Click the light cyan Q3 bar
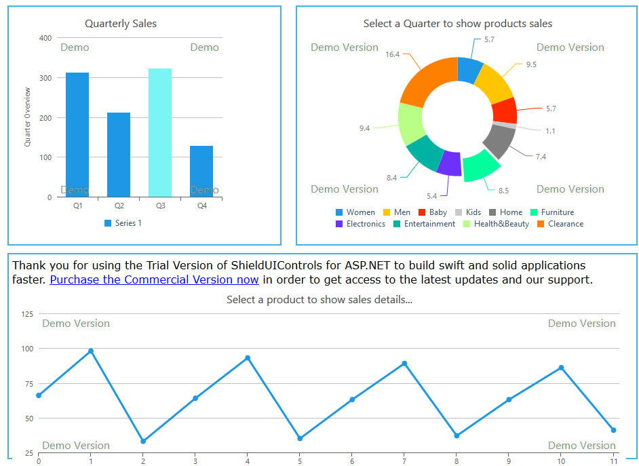click(x=160, y=132)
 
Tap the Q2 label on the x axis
click(x=119, y=206)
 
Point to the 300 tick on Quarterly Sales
click(x=45, y=78)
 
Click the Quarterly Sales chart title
click(x=121, y=24)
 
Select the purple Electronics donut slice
click(x=449, y=163)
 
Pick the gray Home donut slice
click(x=499, y=141)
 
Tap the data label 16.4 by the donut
click(x=392, y=54)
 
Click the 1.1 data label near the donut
click(x=550, y=131)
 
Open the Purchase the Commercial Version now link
click(x=154, y=279)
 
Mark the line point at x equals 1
click(x=91, y=351)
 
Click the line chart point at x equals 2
click(x=143, y=442)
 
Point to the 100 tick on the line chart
click(x=27, y=349)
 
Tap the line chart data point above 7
click(x=404, y=364)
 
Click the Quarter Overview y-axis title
click(x=28, y=117)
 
